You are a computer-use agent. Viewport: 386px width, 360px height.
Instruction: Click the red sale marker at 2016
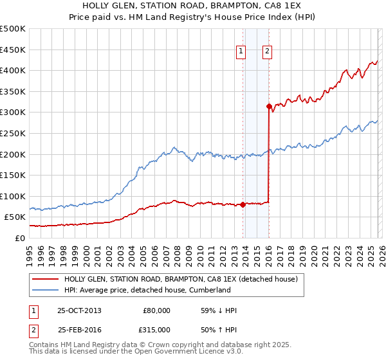pyautogui.click(x=268, y=107)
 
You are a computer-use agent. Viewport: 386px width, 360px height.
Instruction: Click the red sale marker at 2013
pyautogui.click(x=243, y=205)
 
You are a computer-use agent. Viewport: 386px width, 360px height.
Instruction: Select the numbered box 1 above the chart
pyautogui.click(x=241, y=53)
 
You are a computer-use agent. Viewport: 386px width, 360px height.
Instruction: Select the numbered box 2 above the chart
pyautogui.click(x=267, y=53)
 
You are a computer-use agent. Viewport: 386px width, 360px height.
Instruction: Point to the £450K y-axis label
pyautogui.click(x=13, y=50)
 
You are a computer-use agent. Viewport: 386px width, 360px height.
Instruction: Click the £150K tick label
pyautogui.click(x=13, y=175)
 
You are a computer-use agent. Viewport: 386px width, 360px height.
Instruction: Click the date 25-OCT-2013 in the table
pyautogui.click(x=79, y=310)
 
